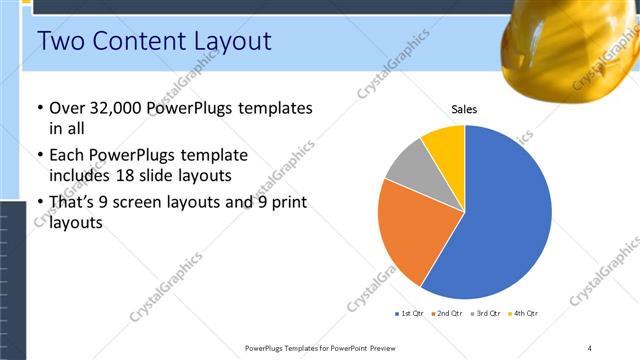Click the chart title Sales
(464, 109)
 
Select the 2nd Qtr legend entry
(447, 314)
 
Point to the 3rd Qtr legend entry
(486, 314)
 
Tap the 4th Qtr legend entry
(524, 314)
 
